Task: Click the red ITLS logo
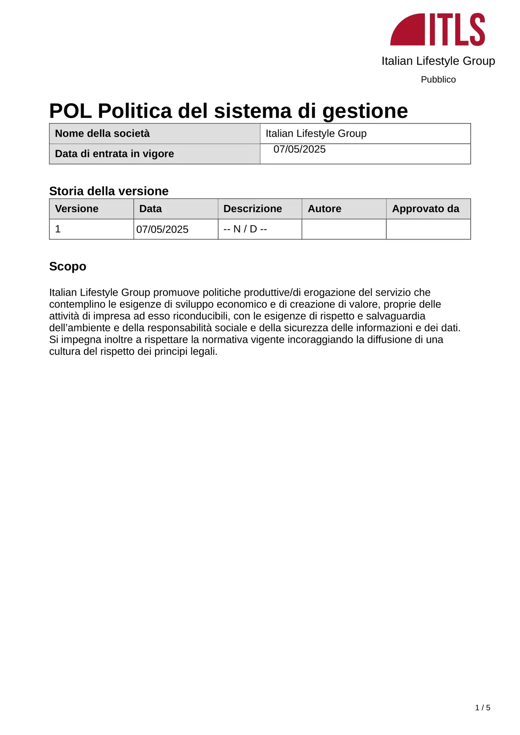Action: [437, 29]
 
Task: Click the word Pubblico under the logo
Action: [438, 79]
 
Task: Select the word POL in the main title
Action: [70, 111]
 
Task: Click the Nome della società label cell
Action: [102, 134]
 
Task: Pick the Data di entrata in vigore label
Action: [114, 154]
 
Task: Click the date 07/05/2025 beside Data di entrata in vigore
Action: [300, 149]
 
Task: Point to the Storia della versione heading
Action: [109, 191]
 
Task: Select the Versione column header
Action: [77, 209]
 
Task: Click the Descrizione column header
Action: [252, 209]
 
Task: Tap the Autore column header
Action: [324, 209]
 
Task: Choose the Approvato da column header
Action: [425, 209]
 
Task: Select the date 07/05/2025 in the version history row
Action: [162, 229]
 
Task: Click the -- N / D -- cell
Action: [245, 229]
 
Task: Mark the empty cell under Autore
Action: [344, 229]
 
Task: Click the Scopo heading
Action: [68, 266]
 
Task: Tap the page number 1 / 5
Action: [483, 708]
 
